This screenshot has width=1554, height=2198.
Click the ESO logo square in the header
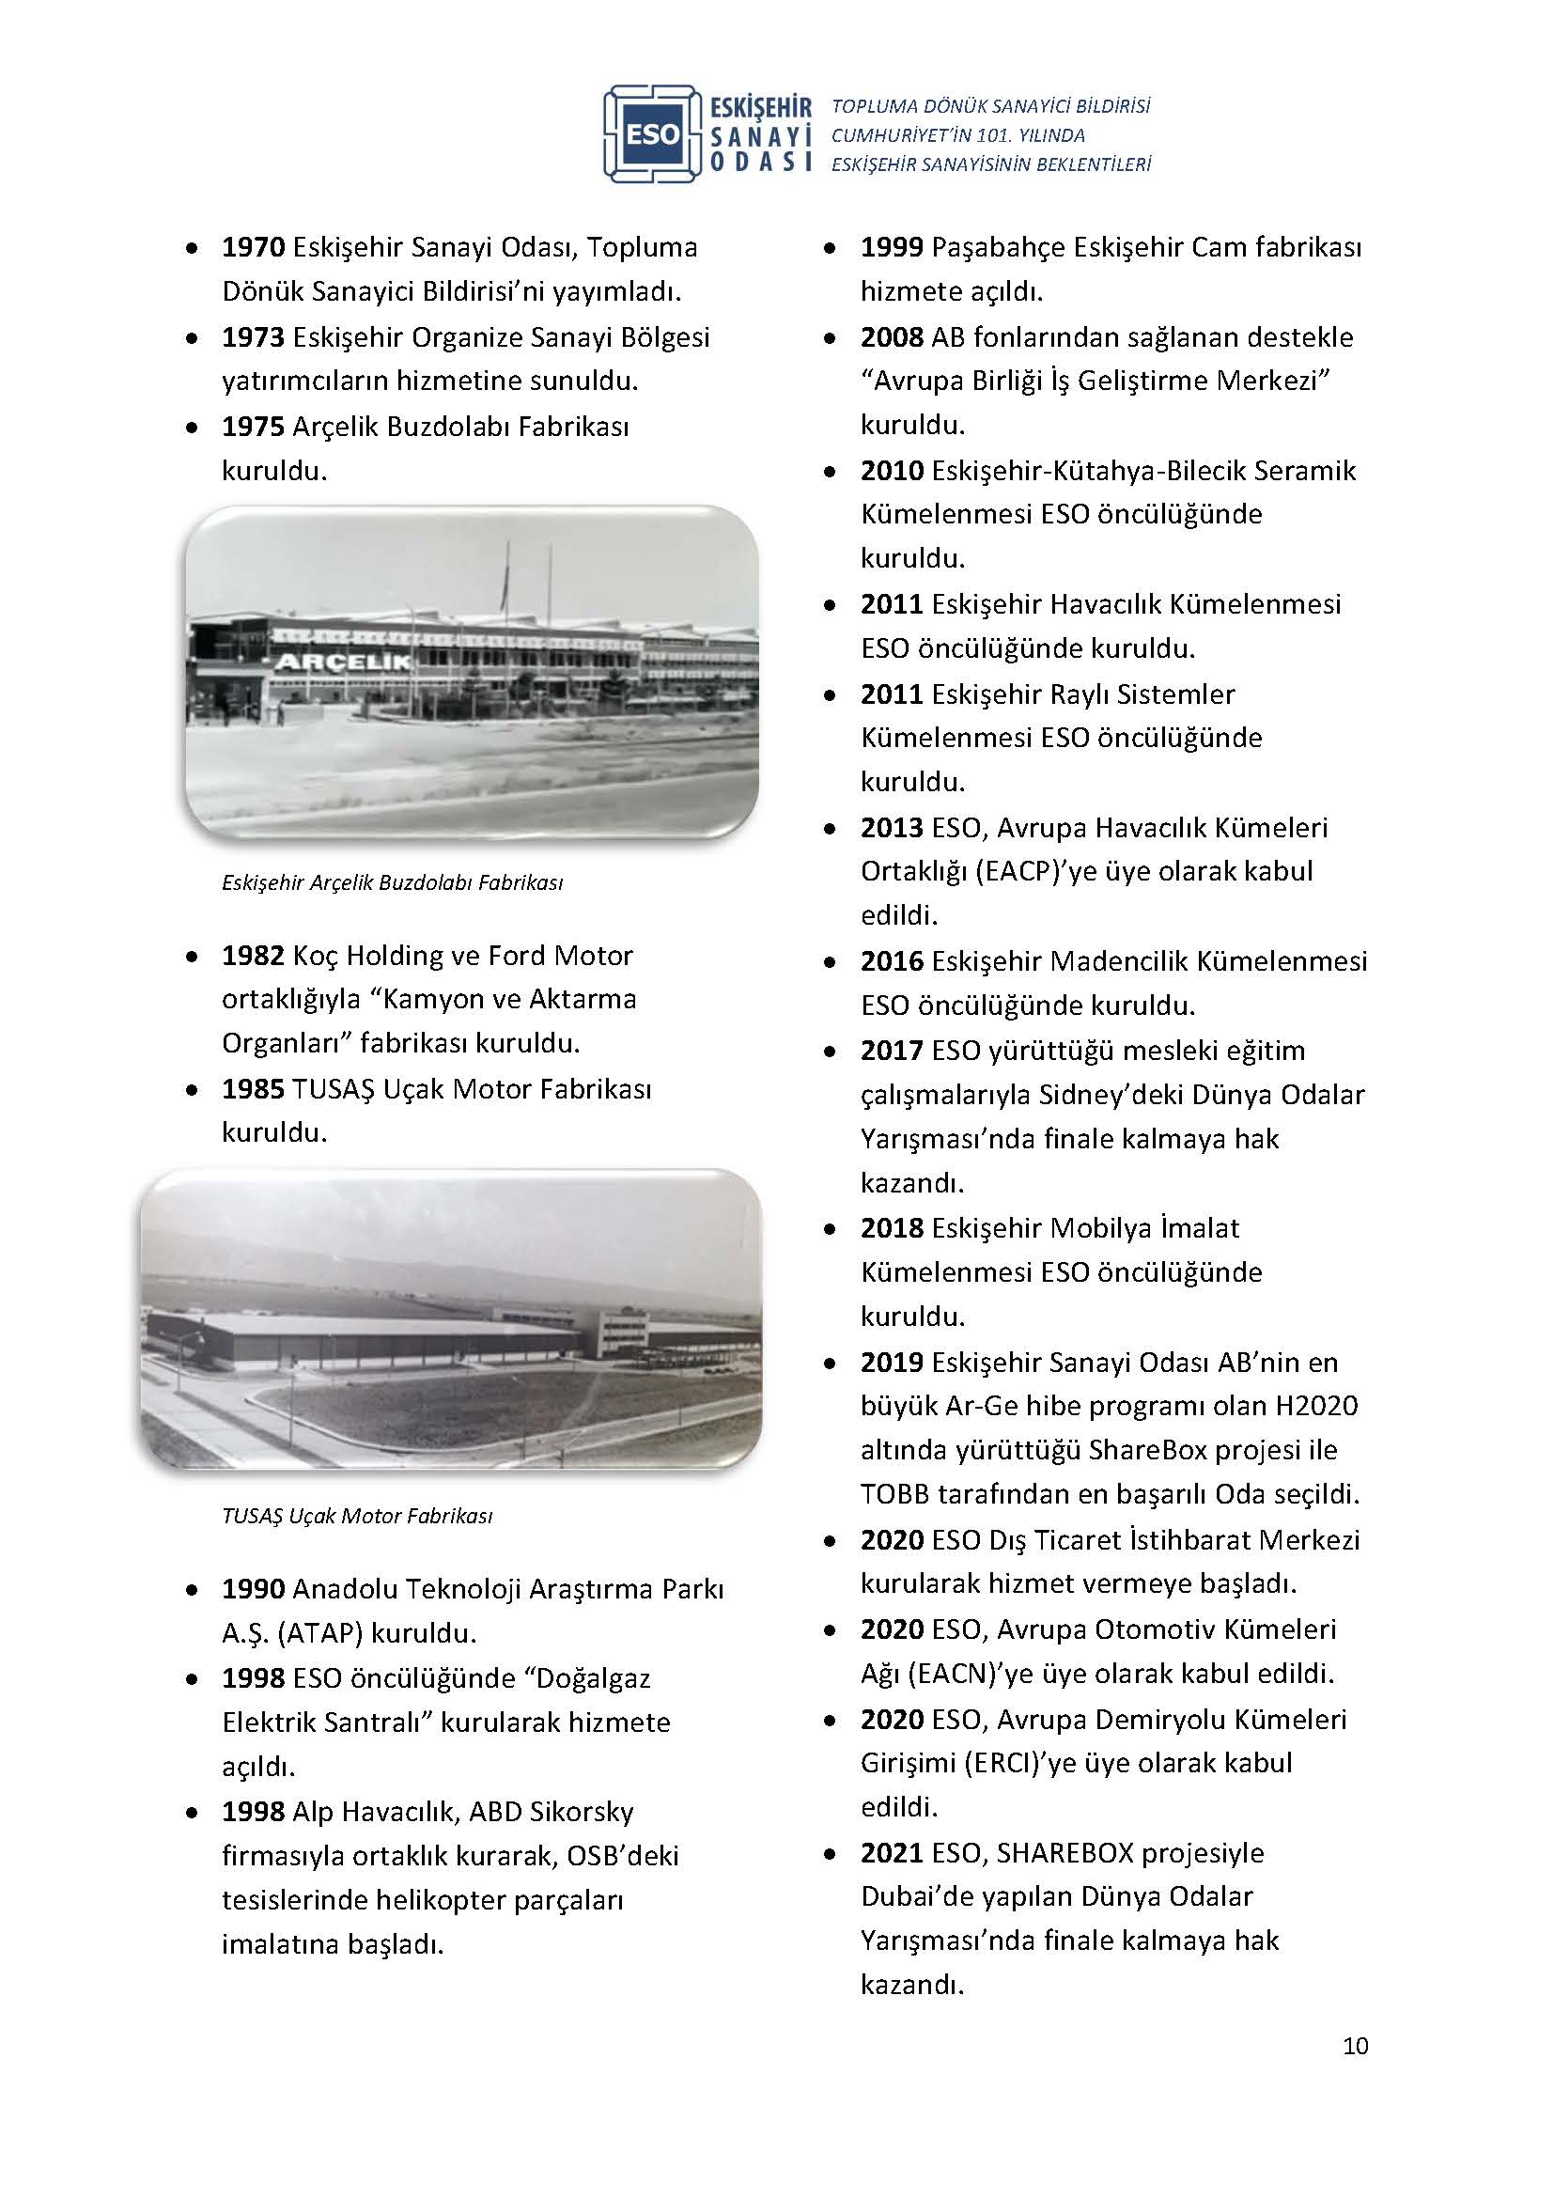pos(653,134)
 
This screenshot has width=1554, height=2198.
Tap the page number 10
pos(1355,2046)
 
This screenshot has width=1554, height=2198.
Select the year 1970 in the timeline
pos(254,247)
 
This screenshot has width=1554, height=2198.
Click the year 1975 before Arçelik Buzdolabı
pos(254,426)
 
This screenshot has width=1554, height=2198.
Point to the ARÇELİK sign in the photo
pos(344,662)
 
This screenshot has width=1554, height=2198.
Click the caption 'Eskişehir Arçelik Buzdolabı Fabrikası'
pos(393,881)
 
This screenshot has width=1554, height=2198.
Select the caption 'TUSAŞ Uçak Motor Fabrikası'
pos(357,1516)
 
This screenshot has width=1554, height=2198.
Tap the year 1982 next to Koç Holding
pos(254,956)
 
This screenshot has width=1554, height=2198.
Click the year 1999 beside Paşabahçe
pos(892,247)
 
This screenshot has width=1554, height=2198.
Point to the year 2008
pos(892,337)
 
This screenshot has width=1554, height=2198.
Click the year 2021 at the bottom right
pos(892,1852)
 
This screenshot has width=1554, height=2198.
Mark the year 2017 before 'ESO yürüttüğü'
pos(892,1051)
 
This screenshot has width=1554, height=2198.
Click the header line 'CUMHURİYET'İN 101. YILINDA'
pos(957,135)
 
